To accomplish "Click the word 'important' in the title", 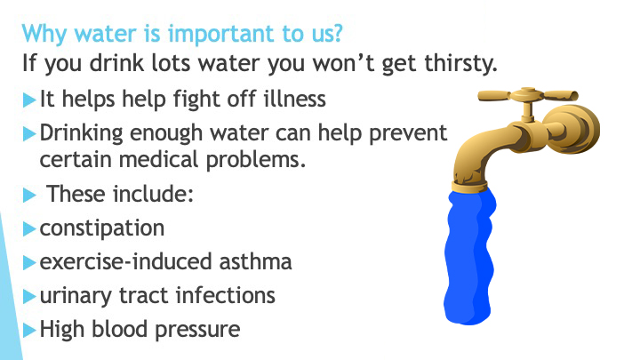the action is (x=221, y=35).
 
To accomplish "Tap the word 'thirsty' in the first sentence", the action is (x=460, y=64).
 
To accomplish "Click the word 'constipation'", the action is (x=102, y=228).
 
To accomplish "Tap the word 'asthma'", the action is (x=255, y=261).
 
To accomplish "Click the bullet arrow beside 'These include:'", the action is (x=29, y=195).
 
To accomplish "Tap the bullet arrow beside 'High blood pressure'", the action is (x=29, y=330).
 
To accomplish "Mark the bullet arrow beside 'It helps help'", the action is (x=29, y=100).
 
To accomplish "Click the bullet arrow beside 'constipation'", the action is (x=29, y=228).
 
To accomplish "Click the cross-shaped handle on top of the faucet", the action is (x=528, y=96).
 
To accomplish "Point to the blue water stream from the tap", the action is (x=469, y=257).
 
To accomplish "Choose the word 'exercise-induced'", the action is (x=125, y=261).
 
